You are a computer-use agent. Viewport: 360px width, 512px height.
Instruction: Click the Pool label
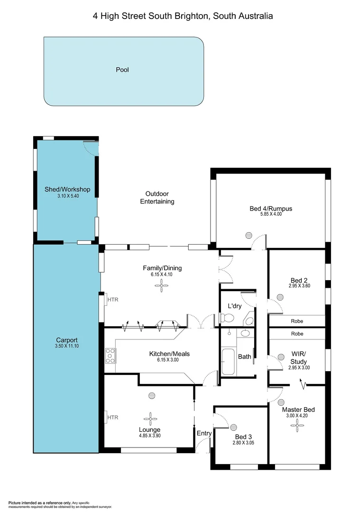click(122, 70)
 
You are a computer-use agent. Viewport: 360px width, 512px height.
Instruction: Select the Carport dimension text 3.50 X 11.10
click(66, 347)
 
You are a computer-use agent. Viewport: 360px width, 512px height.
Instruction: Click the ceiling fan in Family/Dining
click(162, 284)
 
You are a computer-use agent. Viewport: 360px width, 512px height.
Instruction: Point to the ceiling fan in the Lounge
click(151, 418)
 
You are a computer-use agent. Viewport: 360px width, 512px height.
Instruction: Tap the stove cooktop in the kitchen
click(110, 356)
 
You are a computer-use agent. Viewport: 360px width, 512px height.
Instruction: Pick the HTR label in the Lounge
click(112, 418)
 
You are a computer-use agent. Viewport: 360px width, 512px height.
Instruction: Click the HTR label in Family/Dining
click(112, 300)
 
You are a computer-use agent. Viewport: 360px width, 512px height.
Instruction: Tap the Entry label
click(204, 433)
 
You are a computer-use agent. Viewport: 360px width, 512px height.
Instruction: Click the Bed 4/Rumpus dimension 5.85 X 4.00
click(270, 214)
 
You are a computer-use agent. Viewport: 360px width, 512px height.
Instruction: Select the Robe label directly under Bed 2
click(297, 321)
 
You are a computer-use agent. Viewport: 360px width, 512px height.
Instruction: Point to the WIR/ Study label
click(298, 358)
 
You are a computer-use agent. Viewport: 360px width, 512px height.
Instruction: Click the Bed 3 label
click(243, 437)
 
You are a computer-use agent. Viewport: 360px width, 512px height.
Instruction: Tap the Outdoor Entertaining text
click(157, 198)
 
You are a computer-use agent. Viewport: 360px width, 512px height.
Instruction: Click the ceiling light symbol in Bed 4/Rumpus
click(248, 235)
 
